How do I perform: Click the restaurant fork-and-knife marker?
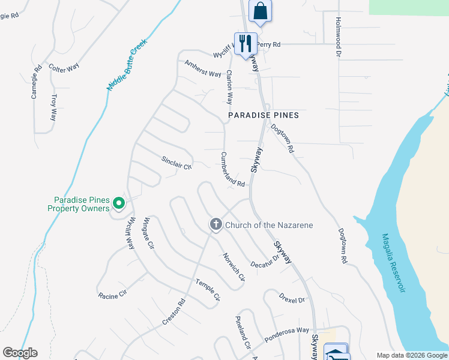pos(246,44)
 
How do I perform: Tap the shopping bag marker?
pos(260,11)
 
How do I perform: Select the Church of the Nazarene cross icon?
pos(215,225)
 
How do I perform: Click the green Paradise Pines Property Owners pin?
pos(119,204)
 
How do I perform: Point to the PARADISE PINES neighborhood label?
pos(264,115)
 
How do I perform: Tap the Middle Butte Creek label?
pos(127,65)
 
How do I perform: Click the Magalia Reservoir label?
pos(393,264)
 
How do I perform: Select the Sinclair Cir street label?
pos(176,163)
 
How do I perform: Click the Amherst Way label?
pos(203,68)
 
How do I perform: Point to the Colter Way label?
pos(64,68)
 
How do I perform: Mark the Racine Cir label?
pos(113,293)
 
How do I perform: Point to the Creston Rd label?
pos(173,313)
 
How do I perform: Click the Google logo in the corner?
pos(20,353)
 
